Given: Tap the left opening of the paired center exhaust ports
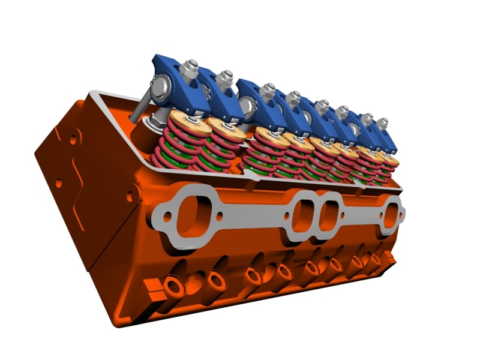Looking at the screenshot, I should (303, 214).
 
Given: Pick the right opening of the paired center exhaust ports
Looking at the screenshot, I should (329, 215).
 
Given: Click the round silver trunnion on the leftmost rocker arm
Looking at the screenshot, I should (160, 89).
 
